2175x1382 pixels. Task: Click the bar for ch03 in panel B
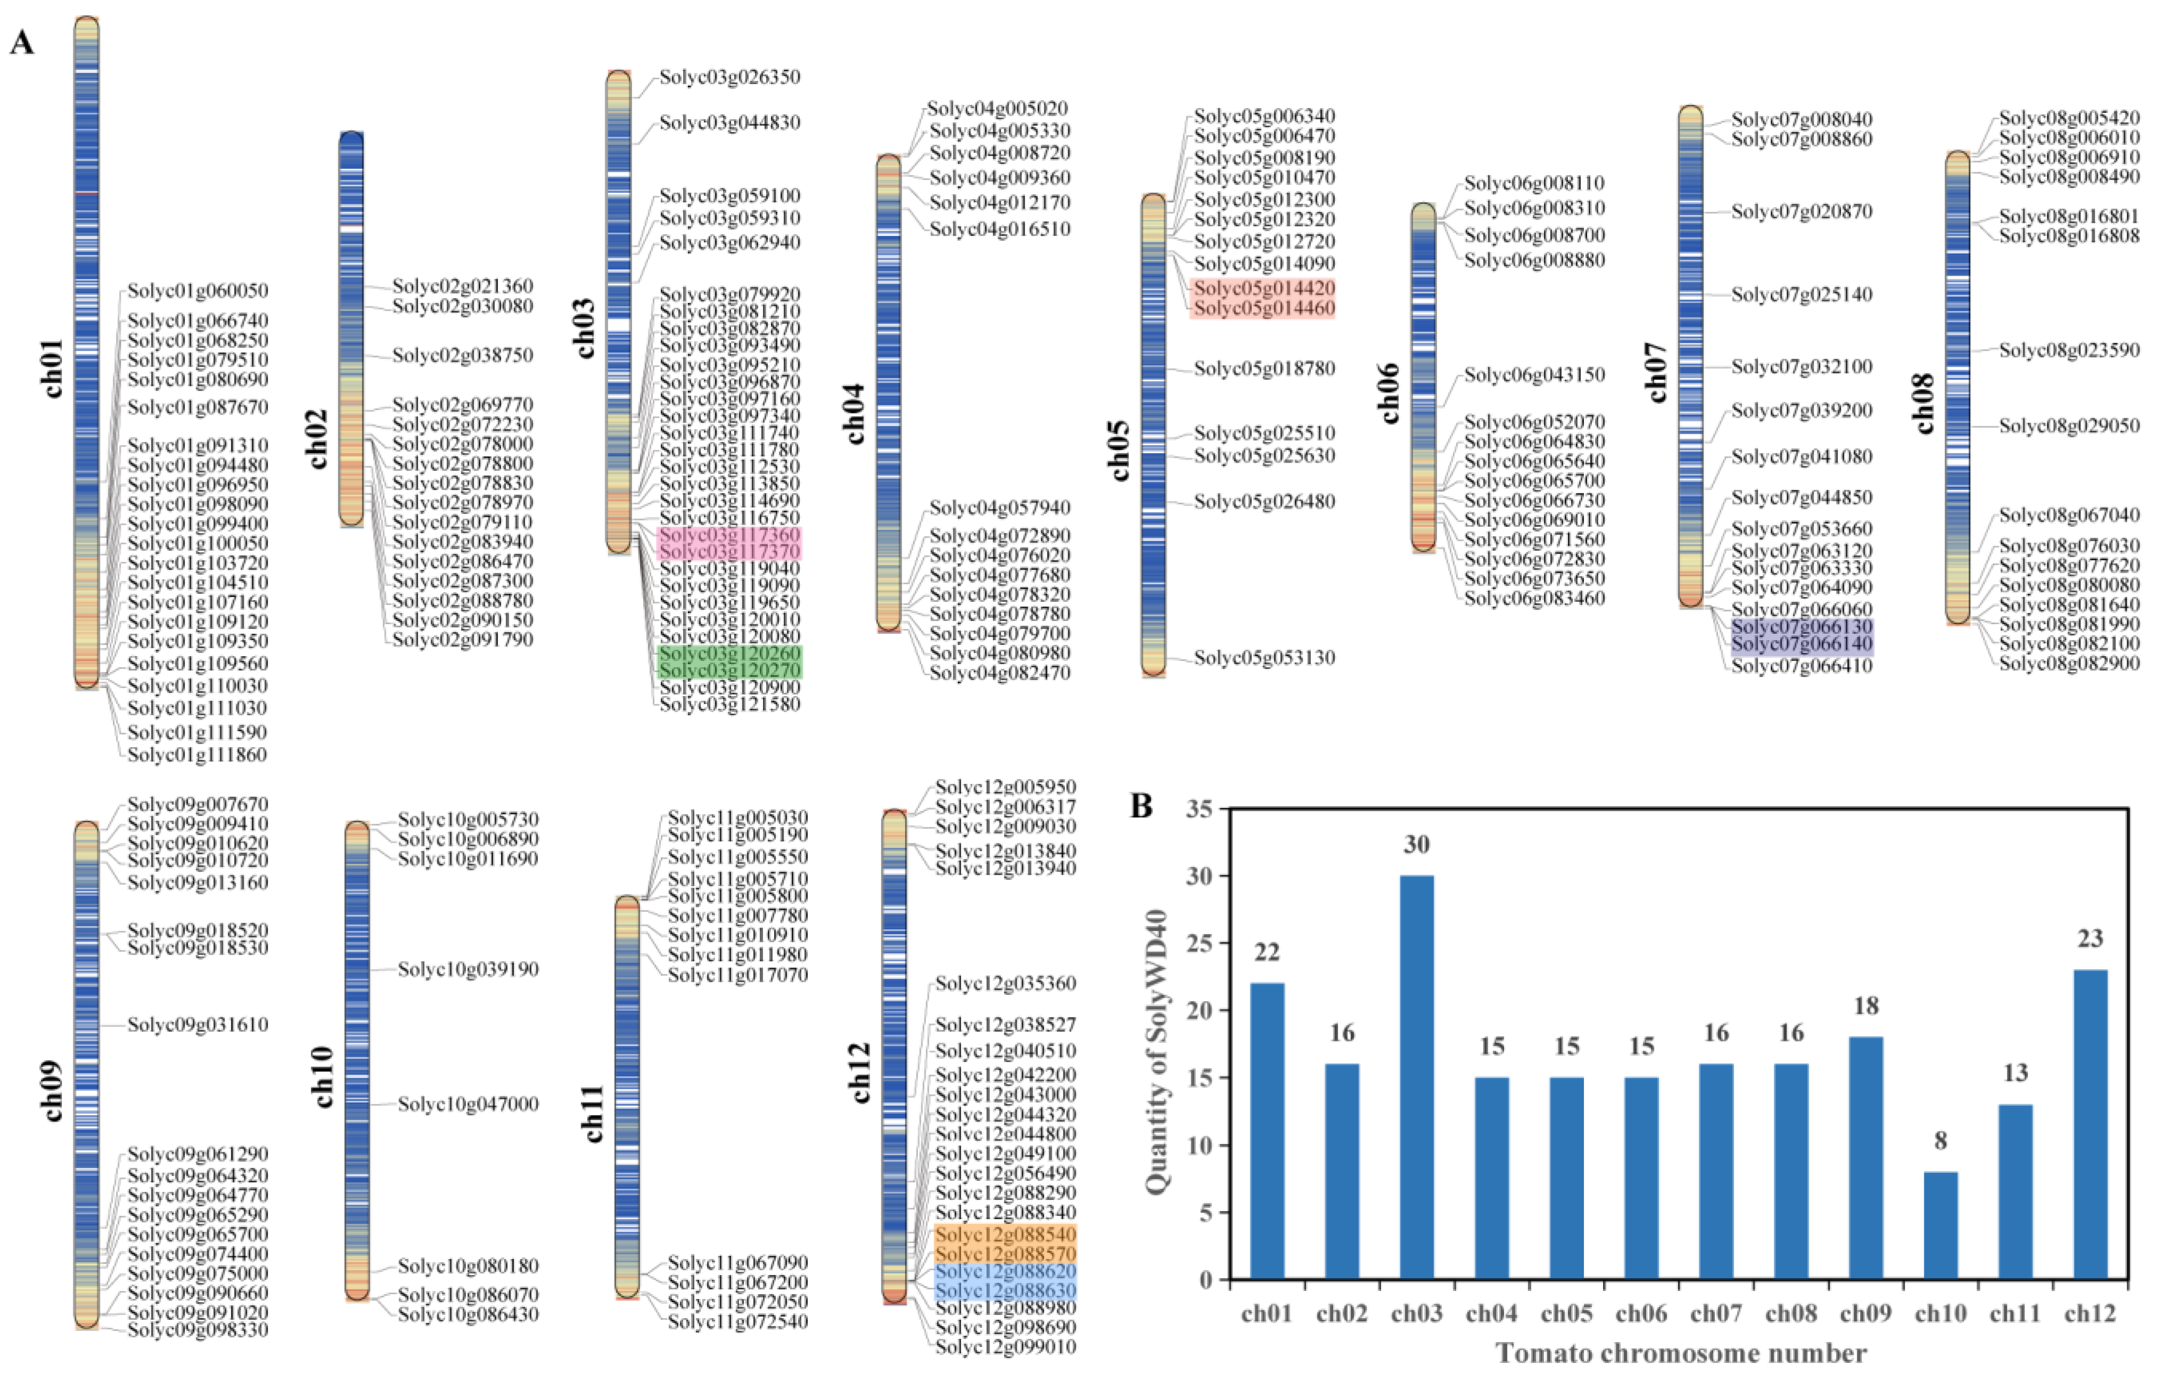[x=1416, y=1077]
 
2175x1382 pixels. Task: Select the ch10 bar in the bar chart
[x=1940, y=1225]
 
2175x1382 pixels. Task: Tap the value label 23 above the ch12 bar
[x=2090, y=939]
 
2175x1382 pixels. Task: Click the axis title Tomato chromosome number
[x=1680, y=1353]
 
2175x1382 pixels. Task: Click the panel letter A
[x=22, y=43]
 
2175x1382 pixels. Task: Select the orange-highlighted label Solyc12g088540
[x=1006, y=1234]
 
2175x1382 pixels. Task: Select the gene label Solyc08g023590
[x=2069, y=351]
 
